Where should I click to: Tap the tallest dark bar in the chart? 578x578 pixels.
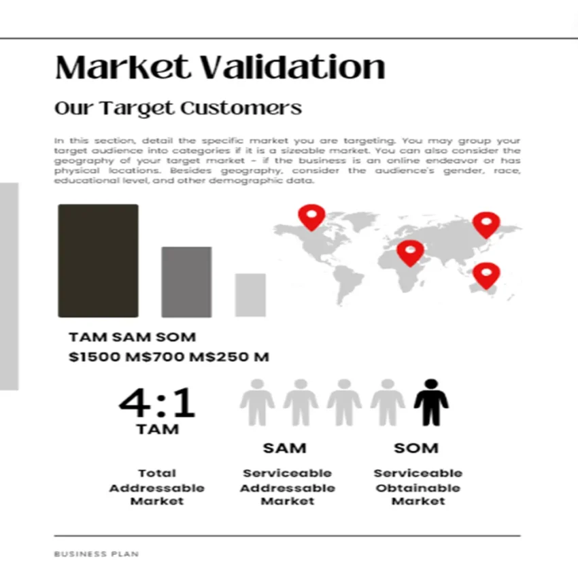coord(98,260)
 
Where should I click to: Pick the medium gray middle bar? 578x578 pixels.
coord(186,282)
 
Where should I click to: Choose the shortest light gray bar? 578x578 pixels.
coord(250,294)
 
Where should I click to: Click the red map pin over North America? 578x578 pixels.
coord(311,216)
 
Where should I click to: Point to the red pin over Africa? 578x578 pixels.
coord(410,252)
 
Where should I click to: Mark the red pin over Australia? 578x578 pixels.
coord(486,274)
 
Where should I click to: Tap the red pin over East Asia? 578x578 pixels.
coord(486,223)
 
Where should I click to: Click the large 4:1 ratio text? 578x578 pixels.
coord(157,403)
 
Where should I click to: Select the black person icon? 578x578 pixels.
coord(431,403)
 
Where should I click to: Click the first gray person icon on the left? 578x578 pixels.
coord(257,403)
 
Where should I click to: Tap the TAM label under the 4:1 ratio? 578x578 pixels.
coord(157,429)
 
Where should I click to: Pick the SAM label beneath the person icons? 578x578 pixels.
coord(284,448)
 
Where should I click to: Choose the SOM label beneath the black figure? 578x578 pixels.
coord(416,448)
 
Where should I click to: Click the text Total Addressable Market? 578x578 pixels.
coord(156,487)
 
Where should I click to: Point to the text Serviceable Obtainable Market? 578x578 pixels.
coord(418,487)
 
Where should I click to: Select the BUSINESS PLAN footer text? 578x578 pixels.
coord(96,554)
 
